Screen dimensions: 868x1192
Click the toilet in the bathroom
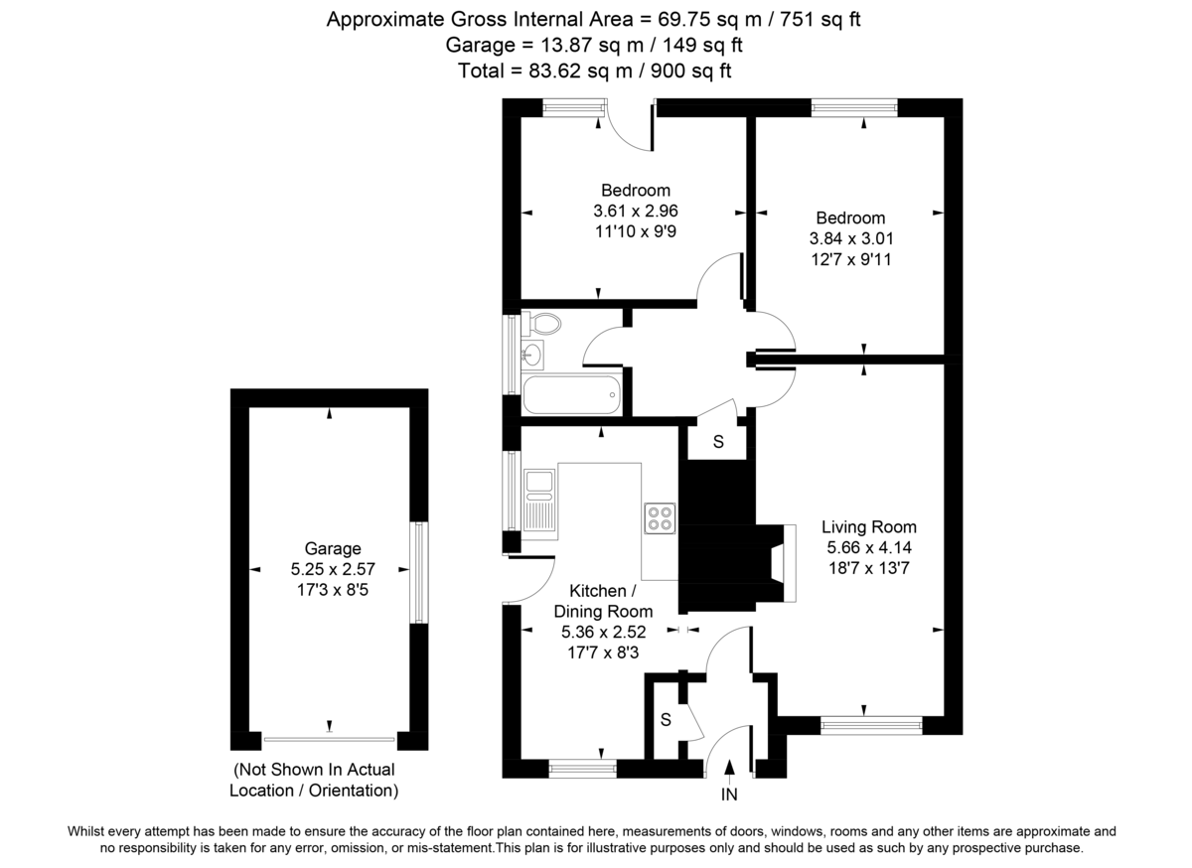coord(541,323)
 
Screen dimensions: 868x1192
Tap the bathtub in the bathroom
coord(572,396)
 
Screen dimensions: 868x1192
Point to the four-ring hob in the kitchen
coord(660,517)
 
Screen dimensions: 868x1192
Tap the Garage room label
coord(333,548)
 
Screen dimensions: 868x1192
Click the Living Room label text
coord(870,526)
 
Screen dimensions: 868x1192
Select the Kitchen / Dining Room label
coord(603,601)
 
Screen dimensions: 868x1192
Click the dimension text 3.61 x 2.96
coord(635,211)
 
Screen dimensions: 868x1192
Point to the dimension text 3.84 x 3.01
coord(850,238)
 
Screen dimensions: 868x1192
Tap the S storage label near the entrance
coord(668,720)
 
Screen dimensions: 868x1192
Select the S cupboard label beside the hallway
coord(718,441)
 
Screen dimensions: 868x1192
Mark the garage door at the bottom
coord(330,739)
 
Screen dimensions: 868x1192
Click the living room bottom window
coord(871,726)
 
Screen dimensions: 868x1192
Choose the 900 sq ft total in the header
coord(694,71)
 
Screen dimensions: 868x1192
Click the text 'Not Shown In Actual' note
coord(314,770)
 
